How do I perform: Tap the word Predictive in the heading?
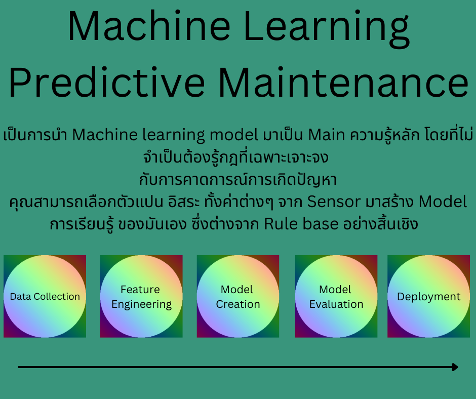(107, 83)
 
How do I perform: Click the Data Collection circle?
(45, 296)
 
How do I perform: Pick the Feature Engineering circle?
(141, 296)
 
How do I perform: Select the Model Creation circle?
(237, 296)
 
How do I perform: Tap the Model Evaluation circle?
(336, 296)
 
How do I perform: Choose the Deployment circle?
(428, 296)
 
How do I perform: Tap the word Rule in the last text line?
(279, 224)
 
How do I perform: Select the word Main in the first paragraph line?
(326, 135)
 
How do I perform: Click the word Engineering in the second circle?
(141, 304)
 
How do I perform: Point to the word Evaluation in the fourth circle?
(336, 304)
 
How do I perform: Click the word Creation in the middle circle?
(237, 304)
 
